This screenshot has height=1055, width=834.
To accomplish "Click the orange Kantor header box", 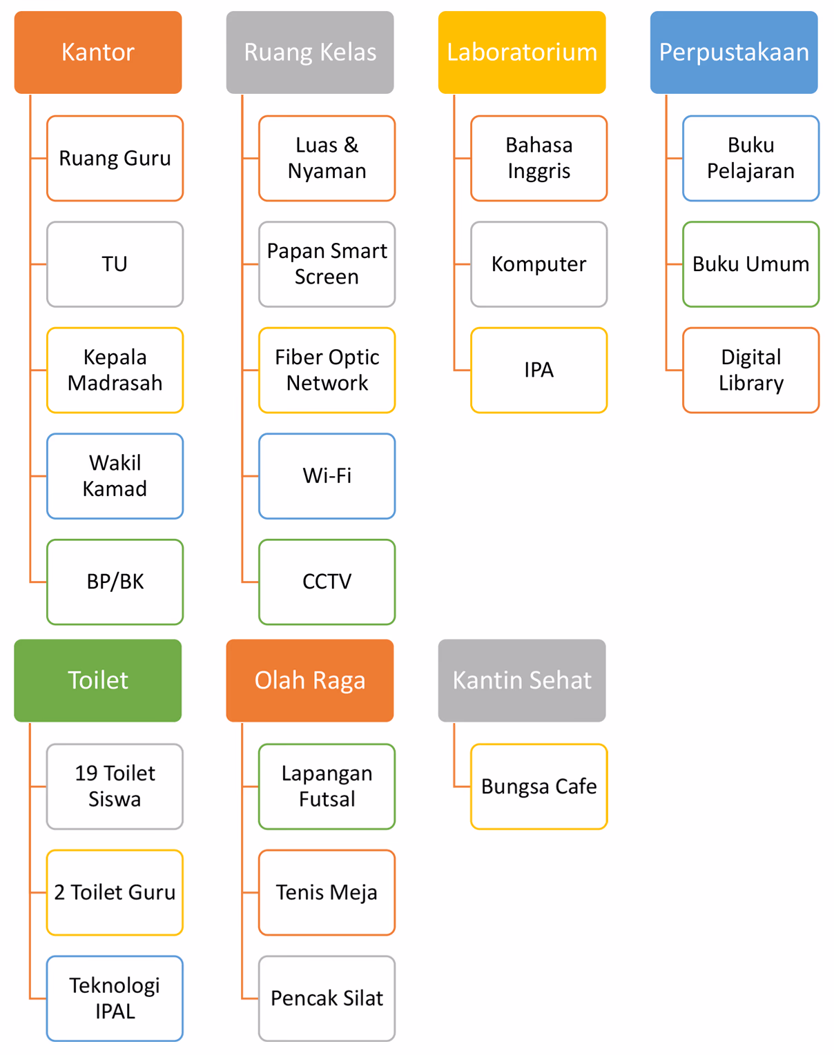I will [x=98, y=52].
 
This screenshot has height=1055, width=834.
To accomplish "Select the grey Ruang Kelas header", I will [x=310, y=52].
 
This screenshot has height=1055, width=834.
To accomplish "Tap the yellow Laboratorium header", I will [x=522, y=52].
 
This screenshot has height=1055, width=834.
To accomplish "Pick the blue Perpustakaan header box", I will [x=734, y=52].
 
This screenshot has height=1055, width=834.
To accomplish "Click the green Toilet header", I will [x=98, y=680].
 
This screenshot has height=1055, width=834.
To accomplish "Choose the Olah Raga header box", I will [x=310, y=680].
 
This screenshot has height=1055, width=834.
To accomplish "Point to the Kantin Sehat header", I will [x=522, y=680].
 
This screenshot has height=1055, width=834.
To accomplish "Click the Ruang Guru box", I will [x=115, y=158].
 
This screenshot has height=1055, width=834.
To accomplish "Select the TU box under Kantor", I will [x=115, y=264].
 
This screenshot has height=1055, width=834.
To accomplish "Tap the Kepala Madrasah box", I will [x=115, y=370].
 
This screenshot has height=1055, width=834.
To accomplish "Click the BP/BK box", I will [x=115, y=582].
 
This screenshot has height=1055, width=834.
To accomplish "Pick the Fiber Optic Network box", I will [x=327, y=370].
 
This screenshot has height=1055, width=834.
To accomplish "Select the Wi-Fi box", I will [x=327, y=476].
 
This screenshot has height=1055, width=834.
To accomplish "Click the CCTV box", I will [x=327, y=582].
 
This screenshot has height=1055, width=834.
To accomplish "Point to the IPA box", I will [x=539, y=370].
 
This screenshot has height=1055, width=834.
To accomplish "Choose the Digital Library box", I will [x=750, y=370].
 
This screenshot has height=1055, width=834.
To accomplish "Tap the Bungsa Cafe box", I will [x=539, y=787].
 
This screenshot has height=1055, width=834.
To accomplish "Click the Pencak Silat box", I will [x=327, y=998].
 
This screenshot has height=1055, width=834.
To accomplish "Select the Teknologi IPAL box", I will [x=115, y=998].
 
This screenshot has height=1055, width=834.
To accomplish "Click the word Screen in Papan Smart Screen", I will [x=327, y=277].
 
